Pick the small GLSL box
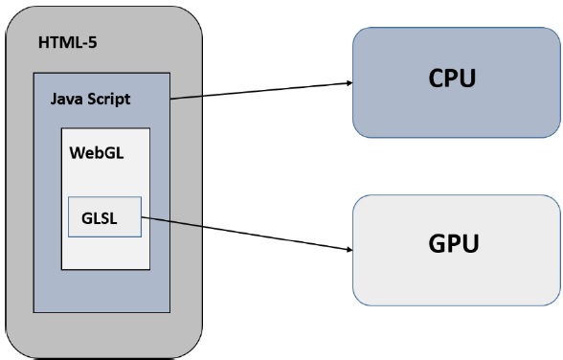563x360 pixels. pos(105,218)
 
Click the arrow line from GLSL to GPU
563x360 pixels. pos(244,234)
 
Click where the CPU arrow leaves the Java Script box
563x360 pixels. pos(171,99)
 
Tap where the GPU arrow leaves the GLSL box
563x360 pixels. pos(143,217)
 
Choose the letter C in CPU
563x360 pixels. pos(435,79)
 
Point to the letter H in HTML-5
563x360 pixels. pos(43,43)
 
